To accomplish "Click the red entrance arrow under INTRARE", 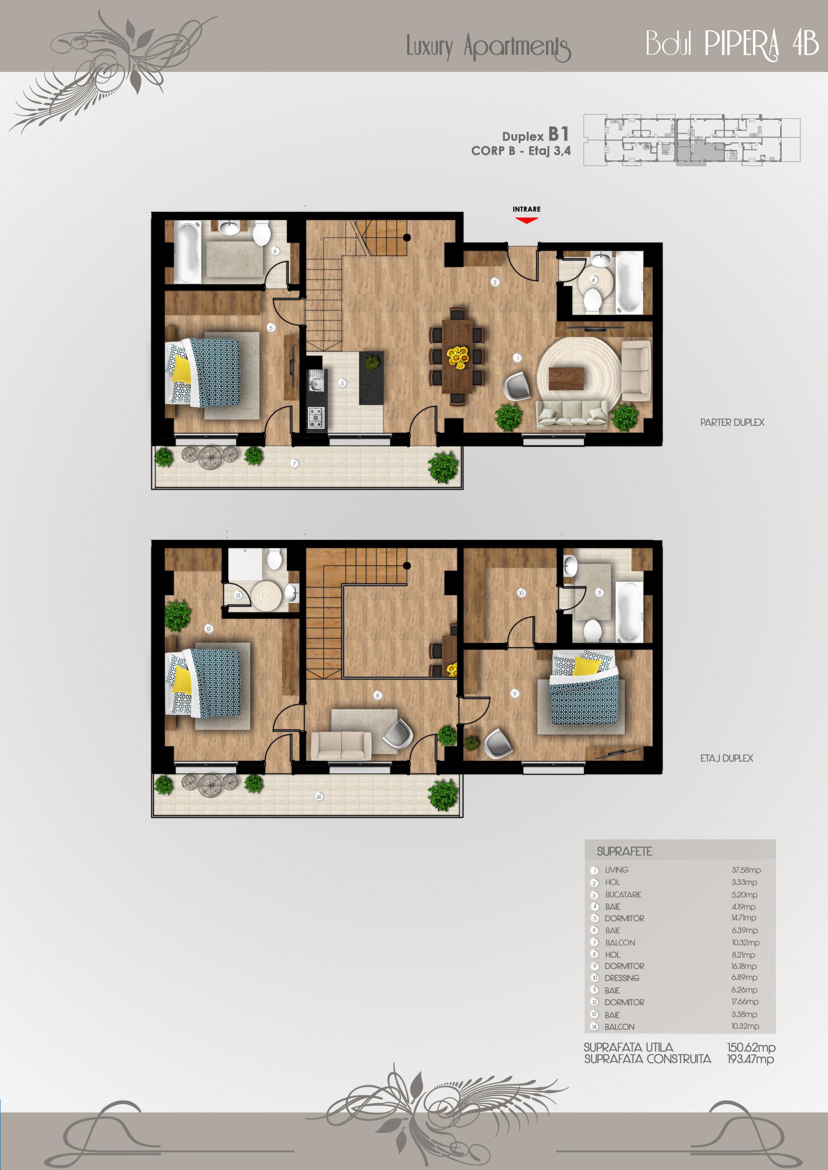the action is (526, 220).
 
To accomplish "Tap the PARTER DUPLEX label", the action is (732, 422).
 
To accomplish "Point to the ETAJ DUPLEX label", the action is (726, 758).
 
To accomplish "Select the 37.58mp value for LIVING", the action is (746, 870).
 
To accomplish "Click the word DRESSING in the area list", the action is (621, 978).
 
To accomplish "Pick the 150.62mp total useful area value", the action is (751, 1047).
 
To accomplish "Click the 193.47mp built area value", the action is (750, 1059).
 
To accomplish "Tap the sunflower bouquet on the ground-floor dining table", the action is (458, 357).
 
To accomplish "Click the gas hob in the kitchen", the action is (316, 417).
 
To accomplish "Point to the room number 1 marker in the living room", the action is (517, 358).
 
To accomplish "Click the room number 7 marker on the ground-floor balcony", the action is (294, 464).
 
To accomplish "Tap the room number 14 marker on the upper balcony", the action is (319, 797).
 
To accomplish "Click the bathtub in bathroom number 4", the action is (630, 281).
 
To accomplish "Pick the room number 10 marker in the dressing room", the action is (521, 593).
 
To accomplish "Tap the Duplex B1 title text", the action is (535, 135).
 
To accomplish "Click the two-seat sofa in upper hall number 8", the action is (341, 746).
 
